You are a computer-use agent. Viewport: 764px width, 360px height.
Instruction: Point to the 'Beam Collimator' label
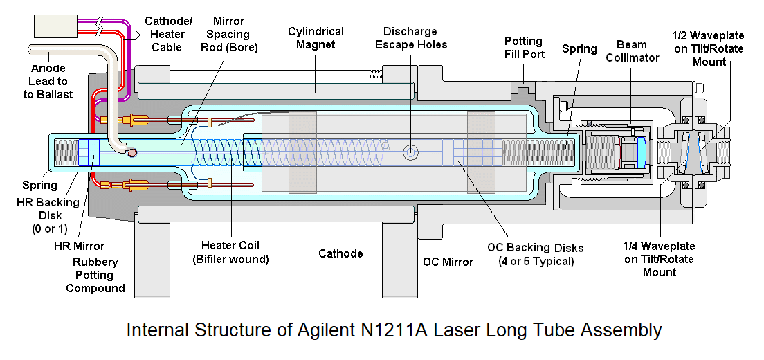[x=633, y=51]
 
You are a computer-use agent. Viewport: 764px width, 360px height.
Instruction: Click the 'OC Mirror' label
[x=448, y=262]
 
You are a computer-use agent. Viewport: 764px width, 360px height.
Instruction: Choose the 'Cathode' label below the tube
[x=340, y=253]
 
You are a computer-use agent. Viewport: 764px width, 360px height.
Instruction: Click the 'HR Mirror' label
[x=79, y=246]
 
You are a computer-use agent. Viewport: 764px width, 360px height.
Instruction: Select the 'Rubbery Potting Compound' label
[x=95, y=275]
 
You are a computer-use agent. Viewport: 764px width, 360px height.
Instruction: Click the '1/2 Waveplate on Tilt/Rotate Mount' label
[x=709, y=47]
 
